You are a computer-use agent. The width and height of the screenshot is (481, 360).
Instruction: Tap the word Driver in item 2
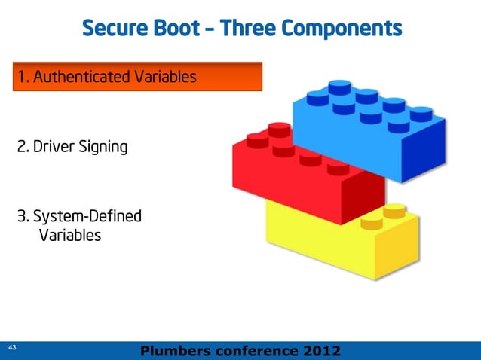51,146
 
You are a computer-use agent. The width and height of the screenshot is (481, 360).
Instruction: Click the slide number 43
12,348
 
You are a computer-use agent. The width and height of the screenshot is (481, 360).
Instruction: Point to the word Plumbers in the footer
175,351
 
